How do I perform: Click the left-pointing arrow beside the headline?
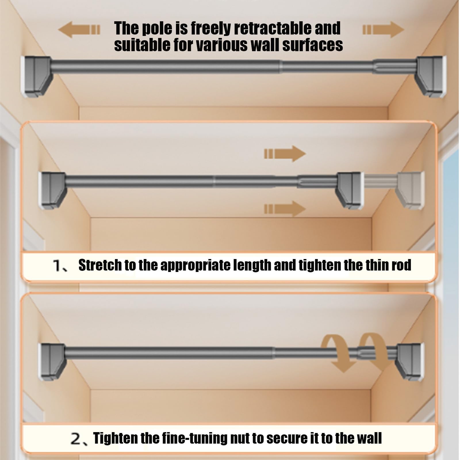[x=79, y=29]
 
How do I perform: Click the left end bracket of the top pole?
[x=36, y=76]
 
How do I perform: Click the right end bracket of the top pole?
[x=430, y=76]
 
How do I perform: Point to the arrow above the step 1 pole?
[x=285, y=154]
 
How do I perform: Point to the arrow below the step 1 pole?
[x=285, y=209]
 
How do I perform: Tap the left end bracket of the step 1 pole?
[x=52, y=190]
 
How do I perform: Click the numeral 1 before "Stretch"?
[x=57, y=266]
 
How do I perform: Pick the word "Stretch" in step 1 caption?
[x=100, y=265]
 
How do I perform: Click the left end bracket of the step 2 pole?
[x=52, y=362]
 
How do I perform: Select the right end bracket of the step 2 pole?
[x=410, y=362]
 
